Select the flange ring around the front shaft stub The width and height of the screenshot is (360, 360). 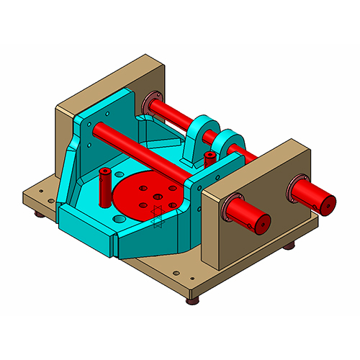pyautogui.click(x=234, y=209)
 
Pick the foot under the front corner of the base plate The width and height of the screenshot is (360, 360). pyautogui.click(x=192, y=300)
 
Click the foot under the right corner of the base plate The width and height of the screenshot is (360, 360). pyautogui.click(x=289, y=247)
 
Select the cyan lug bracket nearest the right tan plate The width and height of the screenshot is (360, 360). pyautogui.click(x=229, y=140)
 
